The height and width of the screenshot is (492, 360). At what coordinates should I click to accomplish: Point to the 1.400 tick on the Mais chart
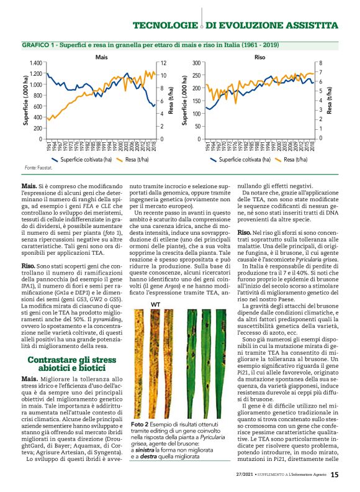[35, 63]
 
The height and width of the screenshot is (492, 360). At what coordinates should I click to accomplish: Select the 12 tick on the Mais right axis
[163, 63]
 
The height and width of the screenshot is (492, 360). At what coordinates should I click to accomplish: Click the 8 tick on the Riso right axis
[321, 63]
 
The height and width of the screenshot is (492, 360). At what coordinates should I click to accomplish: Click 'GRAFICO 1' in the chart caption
[40, 46]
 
